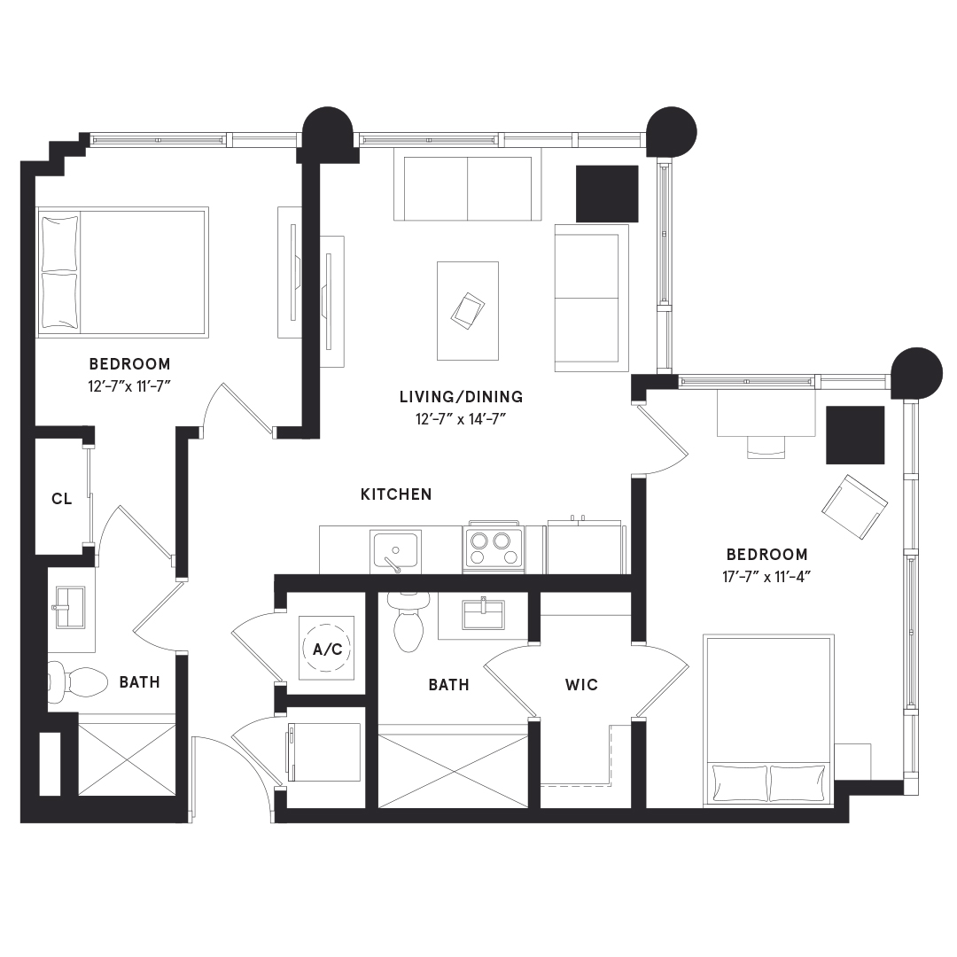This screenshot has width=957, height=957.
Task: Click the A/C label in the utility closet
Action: point(327,649)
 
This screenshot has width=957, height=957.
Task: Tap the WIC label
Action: point(581,685)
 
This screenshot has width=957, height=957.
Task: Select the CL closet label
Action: point(62,499)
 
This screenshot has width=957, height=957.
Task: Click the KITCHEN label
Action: point(396,494)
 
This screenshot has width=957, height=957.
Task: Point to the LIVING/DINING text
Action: point(462,397)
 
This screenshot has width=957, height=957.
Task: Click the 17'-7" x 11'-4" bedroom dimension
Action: point(766,576)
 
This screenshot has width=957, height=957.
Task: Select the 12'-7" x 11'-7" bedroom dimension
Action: point(129,386)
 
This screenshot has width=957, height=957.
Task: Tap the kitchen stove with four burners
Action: point(494,547)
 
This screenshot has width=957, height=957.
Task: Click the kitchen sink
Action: point(395,551)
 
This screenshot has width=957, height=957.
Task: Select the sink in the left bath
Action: point(70,607)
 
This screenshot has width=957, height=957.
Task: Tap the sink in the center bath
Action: point(483,613)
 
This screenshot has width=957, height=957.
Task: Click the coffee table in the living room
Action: point(468,311)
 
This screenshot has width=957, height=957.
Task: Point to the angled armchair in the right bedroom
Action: point(854,507)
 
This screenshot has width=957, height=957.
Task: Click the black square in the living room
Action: point(607,193)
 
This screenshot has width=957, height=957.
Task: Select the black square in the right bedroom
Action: point(855,435)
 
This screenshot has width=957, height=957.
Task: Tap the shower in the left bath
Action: point(127,759)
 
